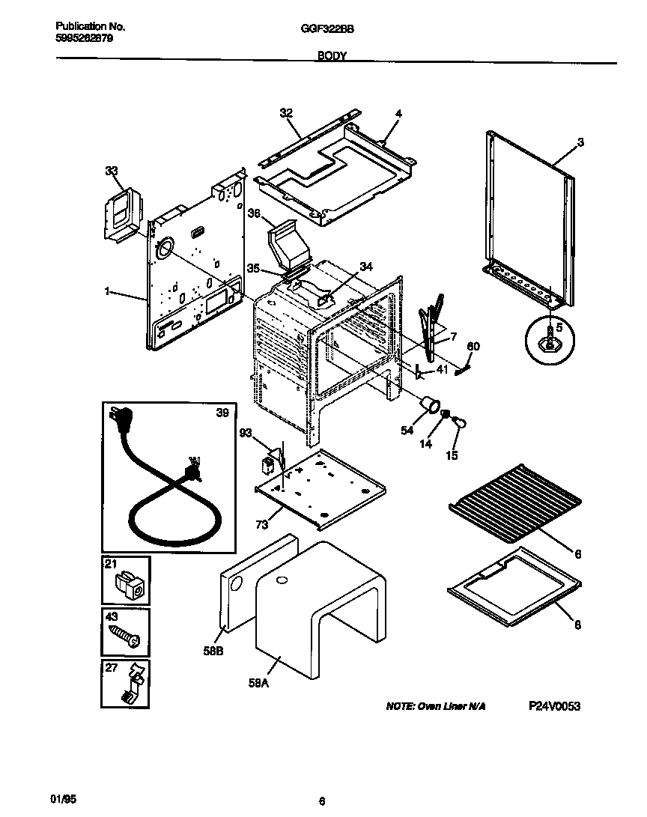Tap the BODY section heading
pos(331,56)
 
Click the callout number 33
pos(112,171)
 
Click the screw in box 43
pos(126,633)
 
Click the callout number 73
pos(261,525)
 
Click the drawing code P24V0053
pos(554,706)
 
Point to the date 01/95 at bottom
pos(67,800)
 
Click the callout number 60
pos(473,346)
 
